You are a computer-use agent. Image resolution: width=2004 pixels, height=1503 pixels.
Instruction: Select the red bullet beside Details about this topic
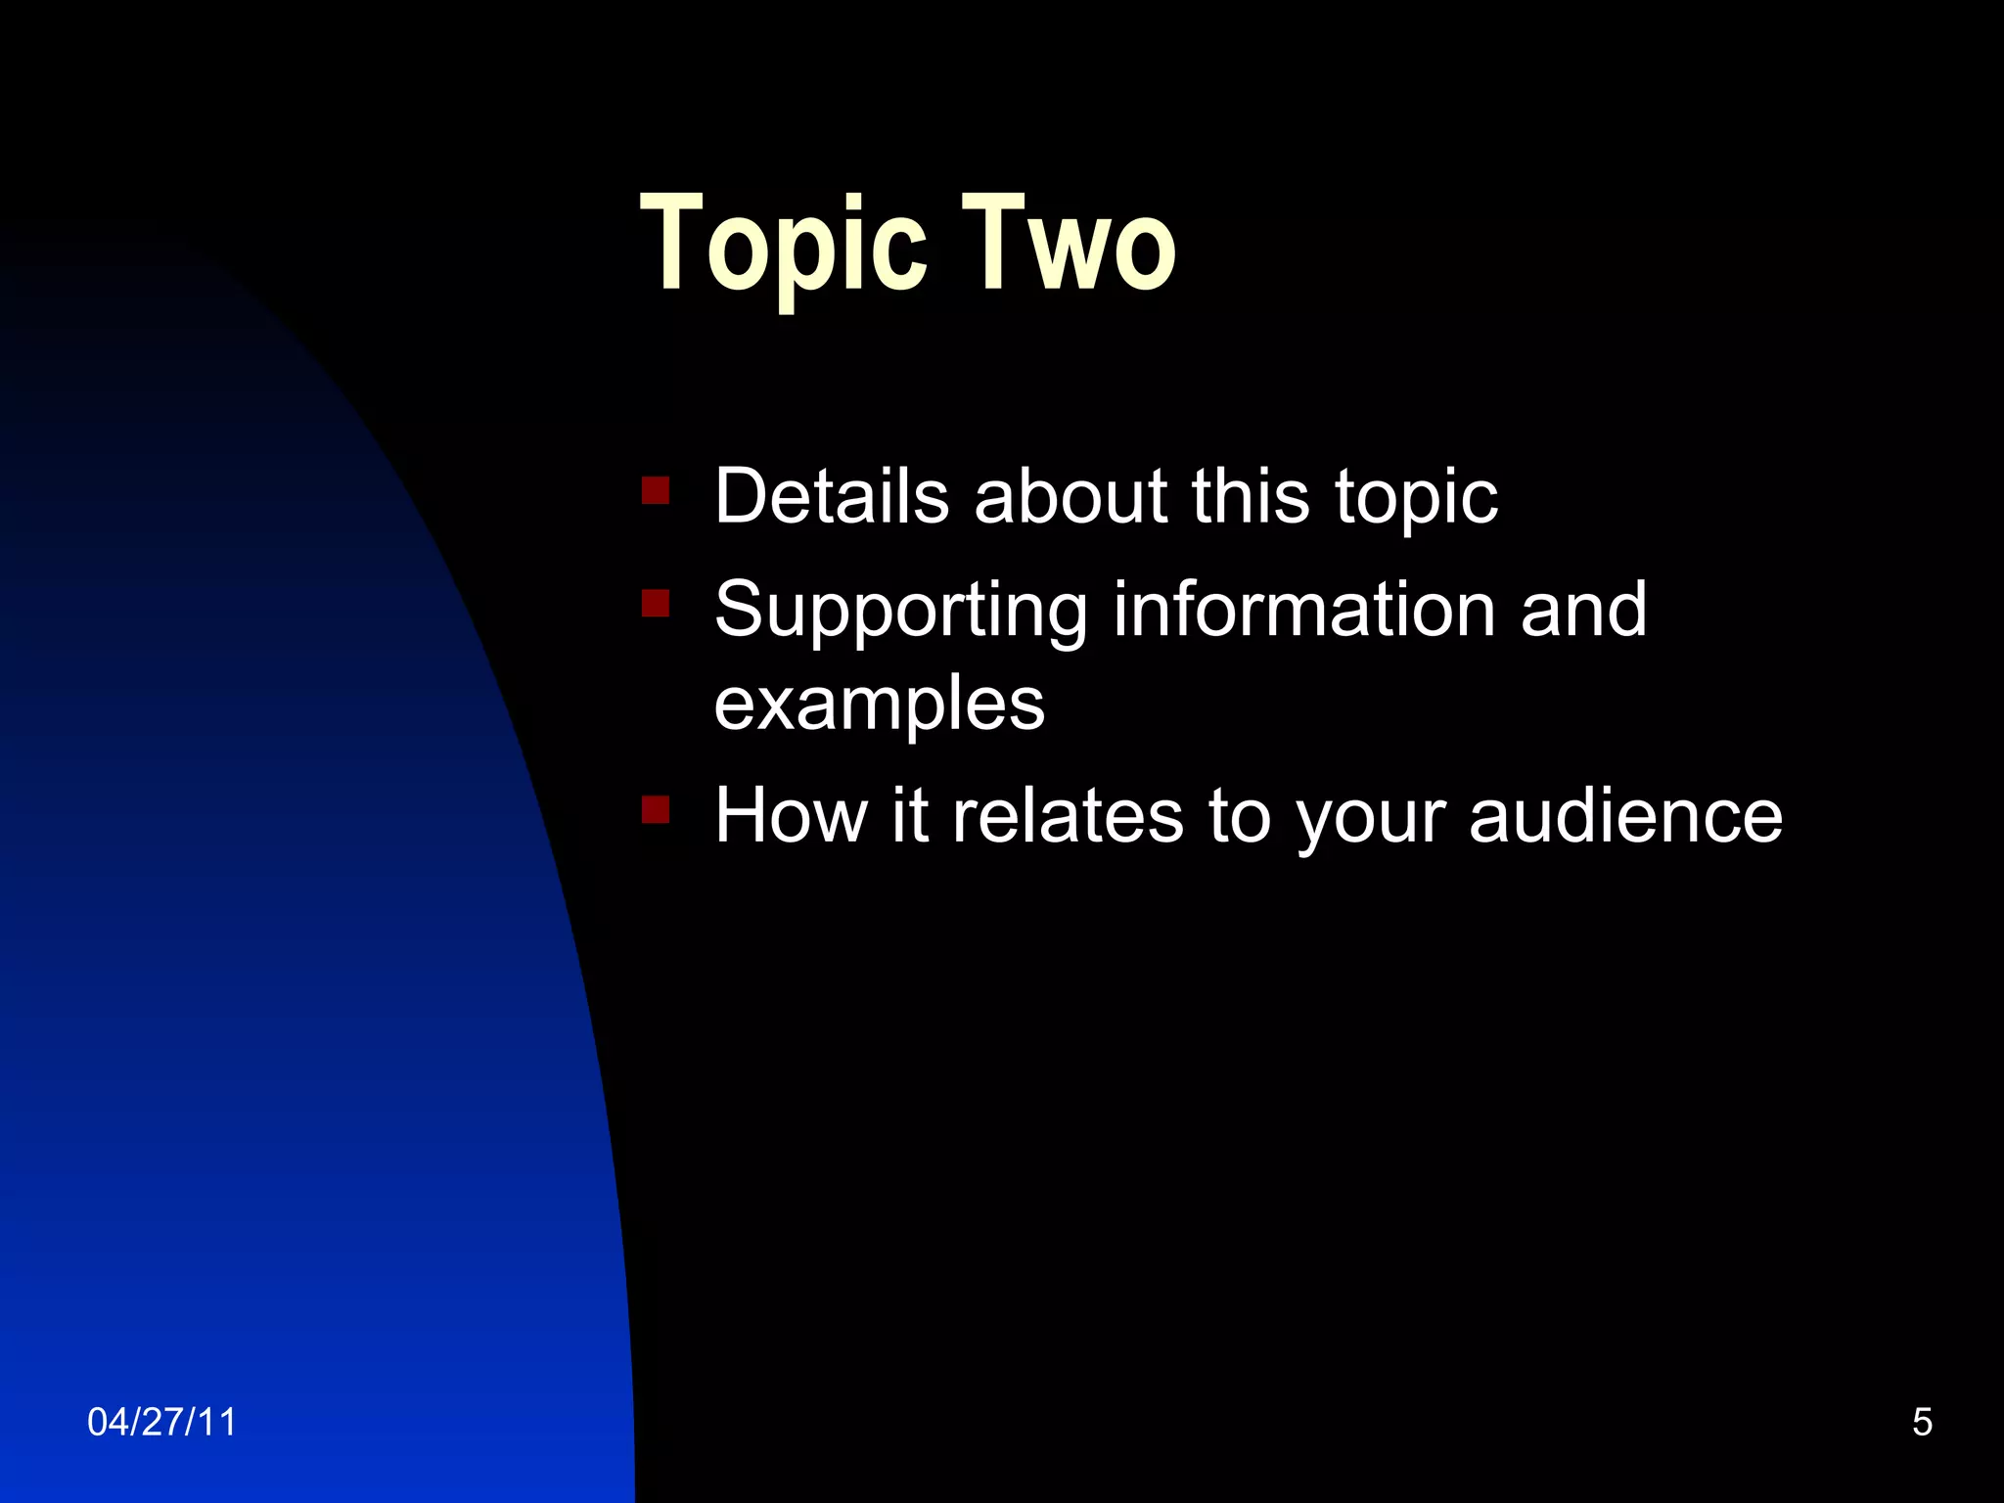tap(656, 489)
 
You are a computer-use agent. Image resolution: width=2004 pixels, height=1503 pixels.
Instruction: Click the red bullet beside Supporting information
tap(656, 603)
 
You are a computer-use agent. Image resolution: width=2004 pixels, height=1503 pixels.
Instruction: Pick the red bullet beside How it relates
tap(656, 809)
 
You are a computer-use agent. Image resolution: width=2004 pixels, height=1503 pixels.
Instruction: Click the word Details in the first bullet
tap(832, 496)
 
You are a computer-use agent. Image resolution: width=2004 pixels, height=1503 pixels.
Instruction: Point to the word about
tap(1070, 496)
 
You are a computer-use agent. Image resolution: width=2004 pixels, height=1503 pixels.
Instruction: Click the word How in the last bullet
tap(791, 815)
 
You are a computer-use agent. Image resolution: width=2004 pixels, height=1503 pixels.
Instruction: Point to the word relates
tap(1068, 815)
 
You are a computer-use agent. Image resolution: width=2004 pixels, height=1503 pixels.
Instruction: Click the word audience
tap(1625, 815)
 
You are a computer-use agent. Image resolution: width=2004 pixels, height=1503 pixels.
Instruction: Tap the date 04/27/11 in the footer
tap(161, 1422)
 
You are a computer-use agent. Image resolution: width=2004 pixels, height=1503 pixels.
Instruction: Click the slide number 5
tap(1922, 1422)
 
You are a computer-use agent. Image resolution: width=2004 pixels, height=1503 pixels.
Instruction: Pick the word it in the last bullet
tap(909, 815)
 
